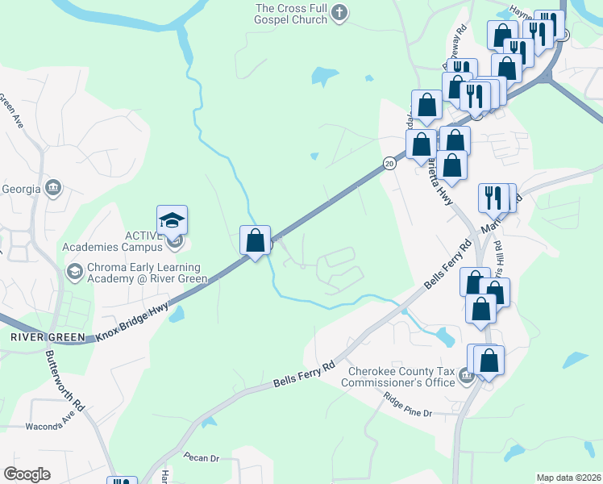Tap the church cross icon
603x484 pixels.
pos(340,12)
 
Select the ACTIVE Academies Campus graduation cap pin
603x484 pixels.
pos(172,220)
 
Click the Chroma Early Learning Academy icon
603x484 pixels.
pos(74,270)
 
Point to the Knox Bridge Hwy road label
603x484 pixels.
pos(133,321)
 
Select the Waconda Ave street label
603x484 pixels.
pos(56,424)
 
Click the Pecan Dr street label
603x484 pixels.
pos(202,457)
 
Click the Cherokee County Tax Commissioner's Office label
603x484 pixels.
pos(401,377)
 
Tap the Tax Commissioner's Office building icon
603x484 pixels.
pos(465,375)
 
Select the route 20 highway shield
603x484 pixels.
pos(389,163)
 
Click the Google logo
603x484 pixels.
pos(27,474)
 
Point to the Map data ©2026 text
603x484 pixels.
pos(568,478)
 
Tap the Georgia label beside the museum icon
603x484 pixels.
pos(22,189)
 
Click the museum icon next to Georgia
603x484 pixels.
pos(53,188)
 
